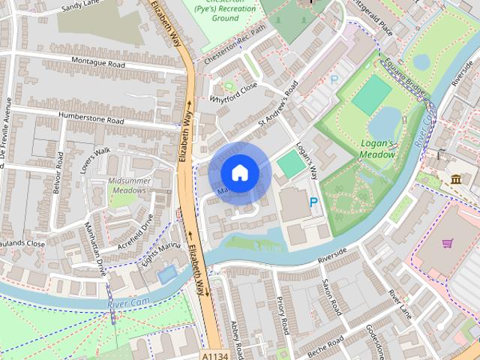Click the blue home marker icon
click(239, 172)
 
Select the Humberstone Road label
click(94, 120)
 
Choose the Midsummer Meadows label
click(129, 186)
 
